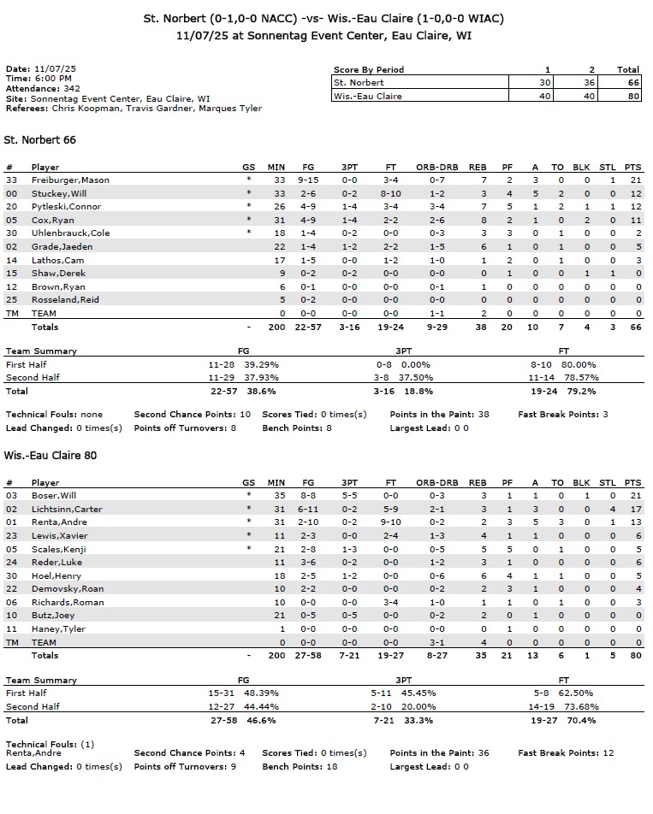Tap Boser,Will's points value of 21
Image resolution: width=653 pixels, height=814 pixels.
click(x=633, y=496)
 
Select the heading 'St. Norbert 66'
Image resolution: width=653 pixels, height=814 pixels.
click(x=41, y=139)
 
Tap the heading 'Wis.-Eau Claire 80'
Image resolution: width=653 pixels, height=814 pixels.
click(x=50, y=456)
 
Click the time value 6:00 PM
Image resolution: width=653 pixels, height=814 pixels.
click(x=53, y=79)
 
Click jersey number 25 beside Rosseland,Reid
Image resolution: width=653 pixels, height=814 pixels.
click(x=11, y=300)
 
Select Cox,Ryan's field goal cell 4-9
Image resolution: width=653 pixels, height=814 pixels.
click(x=308, y=220)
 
